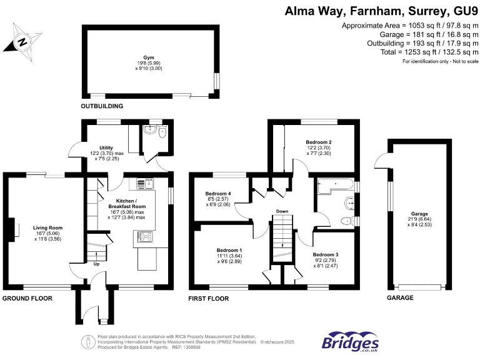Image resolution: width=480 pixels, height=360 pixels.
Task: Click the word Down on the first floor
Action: [x=282, y=211]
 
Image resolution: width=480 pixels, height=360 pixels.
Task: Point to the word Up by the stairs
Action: [x=96, y=264]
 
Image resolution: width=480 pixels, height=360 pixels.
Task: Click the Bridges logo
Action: [x=349, y=342]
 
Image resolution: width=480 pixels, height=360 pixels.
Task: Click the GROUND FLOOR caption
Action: [x=27, y=298]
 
